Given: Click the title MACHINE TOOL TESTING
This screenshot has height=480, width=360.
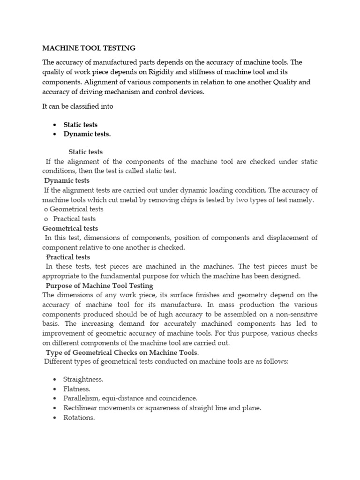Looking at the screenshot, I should (x=89, y=48).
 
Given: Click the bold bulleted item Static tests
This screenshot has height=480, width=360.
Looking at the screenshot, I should (x=81, y=125).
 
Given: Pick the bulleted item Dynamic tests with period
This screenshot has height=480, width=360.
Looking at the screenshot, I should (x=87, y=134).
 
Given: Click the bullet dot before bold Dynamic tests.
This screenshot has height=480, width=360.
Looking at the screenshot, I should (x=55, y=135).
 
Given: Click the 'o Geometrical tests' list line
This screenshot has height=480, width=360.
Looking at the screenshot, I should (x=73, y=209).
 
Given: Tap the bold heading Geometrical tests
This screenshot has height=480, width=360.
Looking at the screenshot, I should (x=70, y=228).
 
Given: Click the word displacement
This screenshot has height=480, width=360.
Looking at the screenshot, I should (x=287, y=238).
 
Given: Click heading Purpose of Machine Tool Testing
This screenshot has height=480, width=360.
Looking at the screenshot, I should (x=99, y=285).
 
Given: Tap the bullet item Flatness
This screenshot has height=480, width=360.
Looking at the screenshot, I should (x=77, y=389).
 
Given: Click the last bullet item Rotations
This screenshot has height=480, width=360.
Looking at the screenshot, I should (x=79, y=418).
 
